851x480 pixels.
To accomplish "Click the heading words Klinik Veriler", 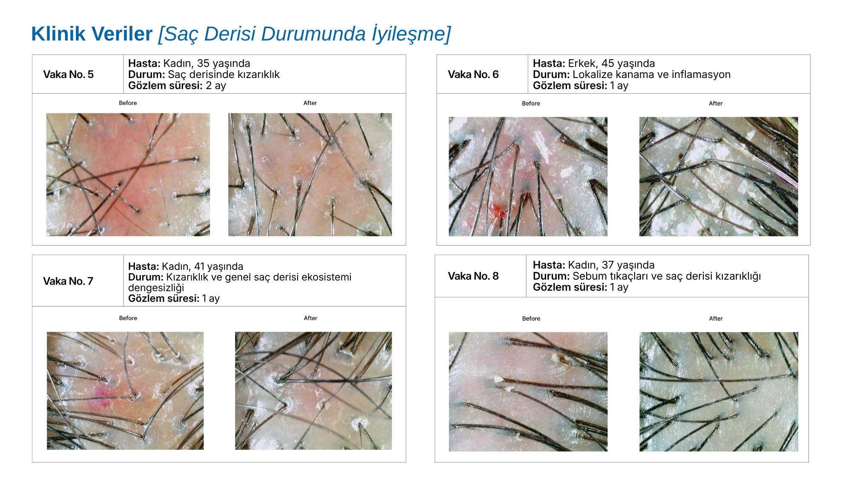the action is pos(92,34).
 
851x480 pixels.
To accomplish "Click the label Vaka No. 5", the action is pos(69,75).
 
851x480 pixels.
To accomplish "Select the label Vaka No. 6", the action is pos(473,75).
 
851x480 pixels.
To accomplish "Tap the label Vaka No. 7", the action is pos(68,281).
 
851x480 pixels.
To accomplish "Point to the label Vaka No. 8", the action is pos(473,276).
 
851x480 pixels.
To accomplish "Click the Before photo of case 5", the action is pos(128,175).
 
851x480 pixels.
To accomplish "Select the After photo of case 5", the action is pos(310,175).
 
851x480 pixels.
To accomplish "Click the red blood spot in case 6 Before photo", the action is pos(499,211).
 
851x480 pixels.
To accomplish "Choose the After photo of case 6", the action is pos(719,176).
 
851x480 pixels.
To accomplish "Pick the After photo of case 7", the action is pos(313,391).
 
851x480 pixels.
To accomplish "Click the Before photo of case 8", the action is pos(528,392).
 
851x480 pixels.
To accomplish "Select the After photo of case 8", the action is pos(719,392).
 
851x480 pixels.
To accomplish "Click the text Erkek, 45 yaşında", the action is pos(611,64).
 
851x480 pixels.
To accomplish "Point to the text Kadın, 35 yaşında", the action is pos(206,64).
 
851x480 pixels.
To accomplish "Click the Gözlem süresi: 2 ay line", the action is pos(177,86).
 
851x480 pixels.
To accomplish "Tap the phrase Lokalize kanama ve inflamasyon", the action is pos(651,75).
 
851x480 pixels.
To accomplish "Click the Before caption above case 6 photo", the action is pos(531,104).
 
